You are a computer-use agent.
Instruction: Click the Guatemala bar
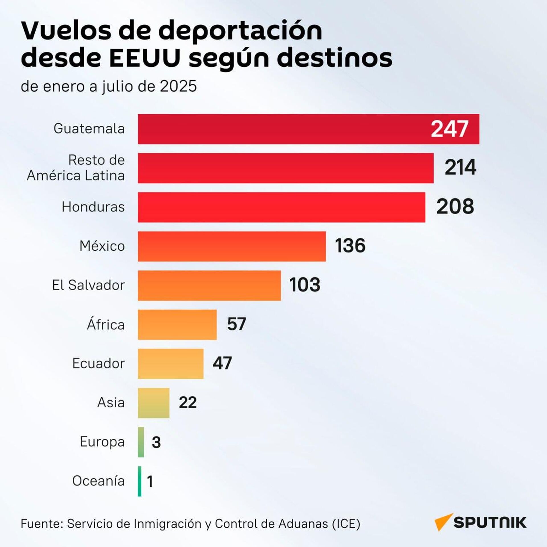[285, 129]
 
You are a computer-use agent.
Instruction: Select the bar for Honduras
[281, 207]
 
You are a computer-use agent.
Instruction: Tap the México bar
[232, 246]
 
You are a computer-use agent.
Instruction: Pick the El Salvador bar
[209, 285]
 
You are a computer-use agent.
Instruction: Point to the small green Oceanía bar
[140, 481]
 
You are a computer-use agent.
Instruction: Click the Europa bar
[141, 442]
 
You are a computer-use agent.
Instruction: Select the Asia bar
[154, 403]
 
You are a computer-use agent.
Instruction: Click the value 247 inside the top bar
[449, 129]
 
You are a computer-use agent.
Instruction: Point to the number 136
[350, 246]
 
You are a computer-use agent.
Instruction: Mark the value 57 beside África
[236, 324]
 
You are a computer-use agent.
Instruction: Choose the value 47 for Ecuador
[222, 363]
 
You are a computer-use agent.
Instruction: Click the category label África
[106, 324]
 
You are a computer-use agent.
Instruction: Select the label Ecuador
[99, 364]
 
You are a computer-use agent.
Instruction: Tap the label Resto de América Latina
[76, 168]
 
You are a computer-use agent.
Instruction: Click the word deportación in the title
[240, 31]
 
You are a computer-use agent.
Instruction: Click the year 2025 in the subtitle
[178, 86]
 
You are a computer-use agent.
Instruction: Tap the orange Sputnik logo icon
[443, 522]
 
